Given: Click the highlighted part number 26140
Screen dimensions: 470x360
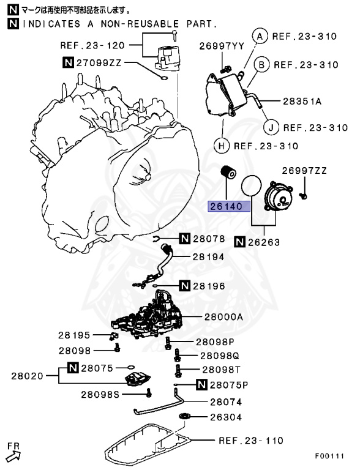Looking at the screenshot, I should (228, 206).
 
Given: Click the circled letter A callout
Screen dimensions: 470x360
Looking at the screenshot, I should (260, 36).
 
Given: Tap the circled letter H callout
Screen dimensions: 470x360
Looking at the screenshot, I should (220, 146).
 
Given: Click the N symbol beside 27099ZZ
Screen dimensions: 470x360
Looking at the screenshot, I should (68, 62).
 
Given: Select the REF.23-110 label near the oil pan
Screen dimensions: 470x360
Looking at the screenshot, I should (251, 440).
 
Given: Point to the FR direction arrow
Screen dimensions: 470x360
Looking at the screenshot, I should (14, 453).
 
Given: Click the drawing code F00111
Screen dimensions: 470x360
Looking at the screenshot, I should (329, 457).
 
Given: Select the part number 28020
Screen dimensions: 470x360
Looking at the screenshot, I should (27, 375).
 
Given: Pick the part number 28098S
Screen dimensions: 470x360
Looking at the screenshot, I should (99, 395).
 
